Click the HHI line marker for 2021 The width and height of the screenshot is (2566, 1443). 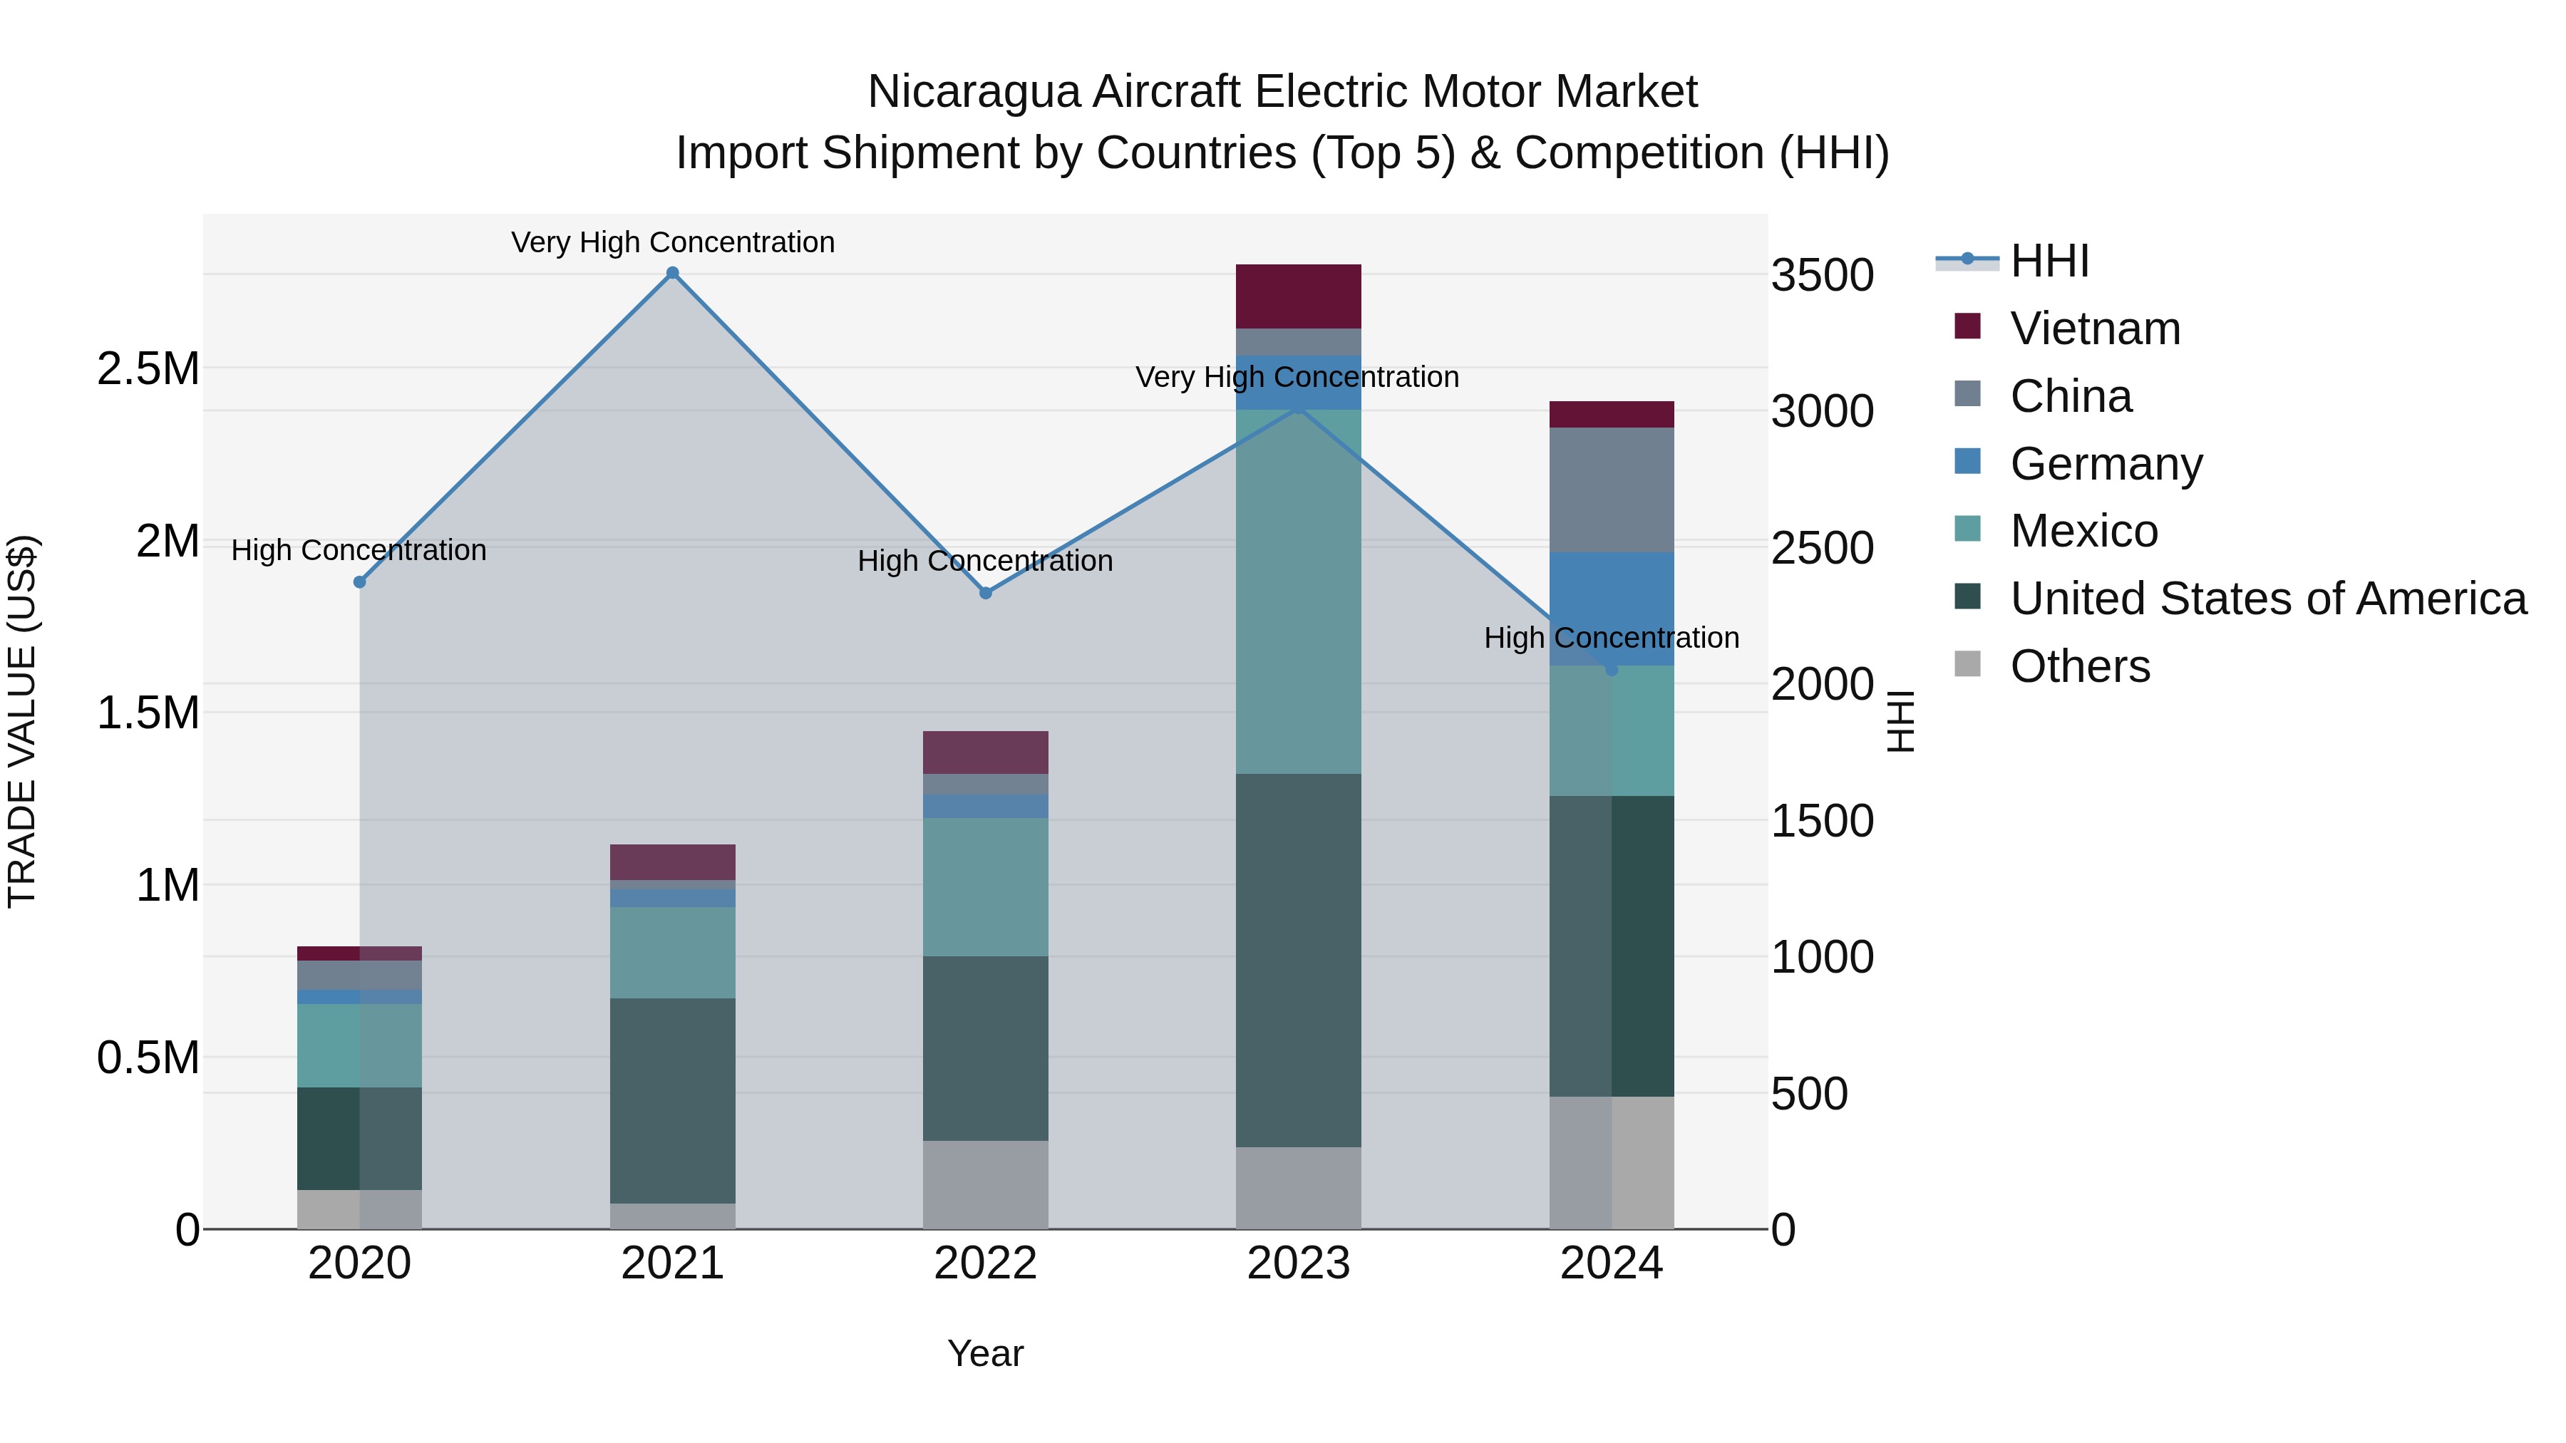coord(672,273)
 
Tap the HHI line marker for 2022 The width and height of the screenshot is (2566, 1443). coord(985,593)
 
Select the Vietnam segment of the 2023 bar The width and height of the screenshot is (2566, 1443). coord(1298,296)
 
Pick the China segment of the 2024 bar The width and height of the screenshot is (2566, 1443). coord(1611,490)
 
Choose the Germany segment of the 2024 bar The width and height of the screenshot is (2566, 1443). coord(1611,607)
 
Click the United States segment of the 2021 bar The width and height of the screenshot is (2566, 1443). coord(672,1100)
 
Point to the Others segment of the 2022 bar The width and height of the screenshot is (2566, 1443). coord(985,1184)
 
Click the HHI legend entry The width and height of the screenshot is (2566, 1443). coord(2048,261)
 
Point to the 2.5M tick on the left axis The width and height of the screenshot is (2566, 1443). coord(148,368)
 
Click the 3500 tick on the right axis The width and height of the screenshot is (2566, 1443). coord(1822,275)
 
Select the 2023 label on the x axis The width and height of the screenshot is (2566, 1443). coord(1298,1263)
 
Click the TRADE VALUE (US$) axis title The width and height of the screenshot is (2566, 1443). coord(22,721)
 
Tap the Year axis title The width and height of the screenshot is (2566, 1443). coord(985,1353)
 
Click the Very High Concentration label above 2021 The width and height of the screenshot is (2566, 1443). coord(672,242)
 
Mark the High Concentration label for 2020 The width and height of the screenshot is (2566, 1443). coord(359,549)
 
